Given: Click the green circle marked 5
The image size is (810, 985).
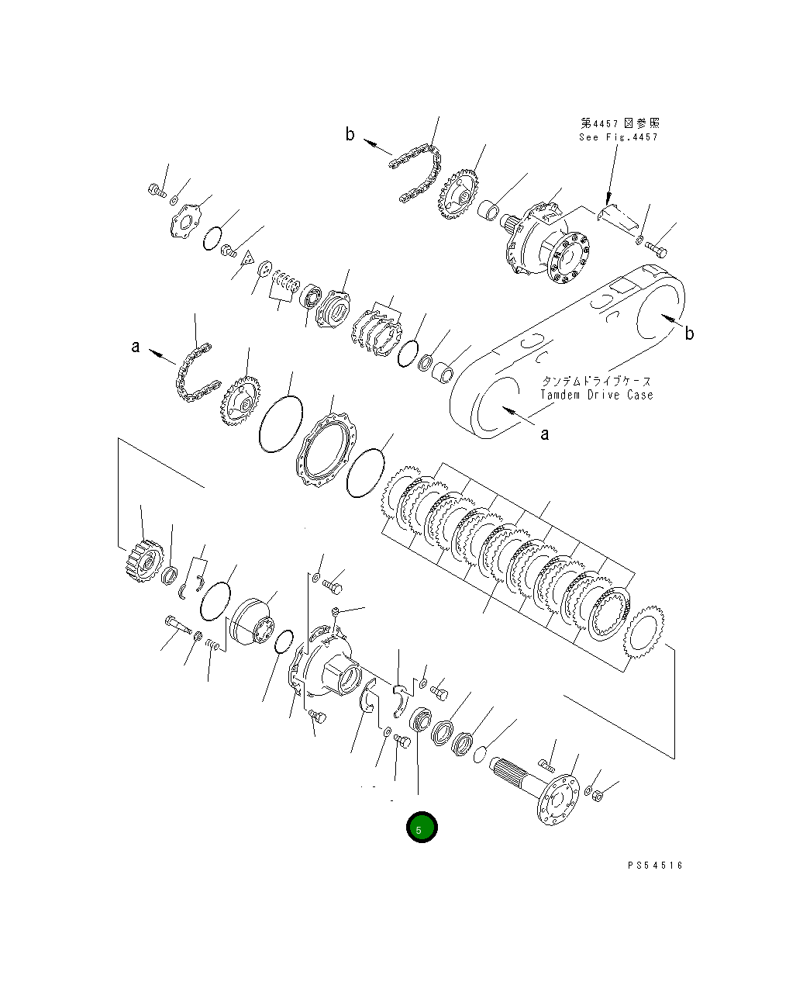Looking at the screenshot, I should point(422,828).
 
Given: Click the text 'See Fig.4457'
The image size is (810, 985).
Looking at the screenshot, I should point(618,137).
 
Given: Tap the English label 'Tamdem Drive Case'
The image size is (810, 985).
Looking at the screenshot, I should point(597,395).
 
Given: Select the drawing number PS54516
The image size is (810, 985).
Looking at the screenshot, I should point(655,866).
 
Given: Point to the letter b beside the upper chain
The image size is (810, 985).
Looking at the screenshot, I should point(350,135).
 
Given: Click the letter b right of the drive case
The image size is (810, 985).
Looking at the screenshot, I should point(688,334).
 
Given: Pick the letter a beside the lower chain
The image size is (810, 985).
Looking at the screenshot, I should point(136,347).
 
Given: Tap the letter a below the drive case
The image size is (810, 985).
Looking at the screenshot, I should point(544,434).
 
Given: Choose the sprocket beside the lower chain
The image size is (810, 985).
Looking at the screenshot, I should point(240,400).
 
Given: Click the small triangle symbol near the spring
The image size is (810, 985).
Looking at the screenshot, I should point(248,258).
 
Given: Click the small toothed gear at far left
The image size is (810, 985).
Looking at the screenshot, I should point(143,560).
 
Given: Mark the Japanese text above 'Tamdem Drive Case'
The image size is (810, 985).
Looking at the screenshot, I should point(596,381).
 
